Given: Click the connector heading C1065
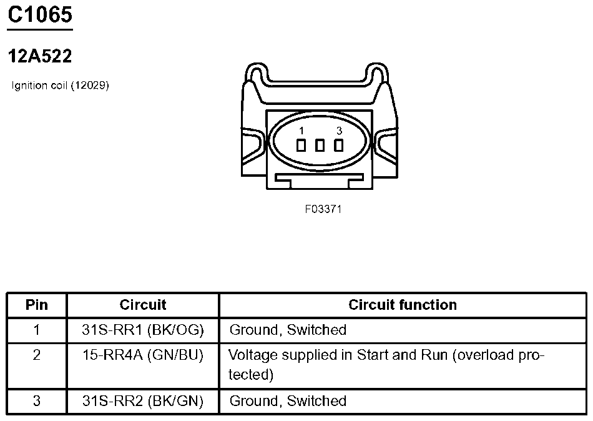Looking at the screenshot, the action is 40,15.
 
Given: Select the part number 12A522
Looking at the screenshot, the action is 40,56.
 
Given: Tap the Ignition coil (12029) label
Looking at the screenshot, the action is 60,85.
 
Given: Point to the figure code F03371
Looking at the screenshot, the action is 323,209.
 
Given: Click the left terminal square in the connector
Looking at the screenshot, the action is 301,146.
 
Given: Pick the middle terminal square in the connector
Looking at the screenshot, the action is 320,146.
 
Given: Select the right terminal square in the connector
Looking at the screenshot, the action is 339,146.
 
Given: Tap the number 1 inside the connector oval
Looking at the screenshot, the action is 301,131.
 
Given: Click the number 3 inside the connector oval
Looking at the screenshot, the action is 339,131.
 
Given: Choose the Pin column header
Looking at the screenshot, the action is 37,305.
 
